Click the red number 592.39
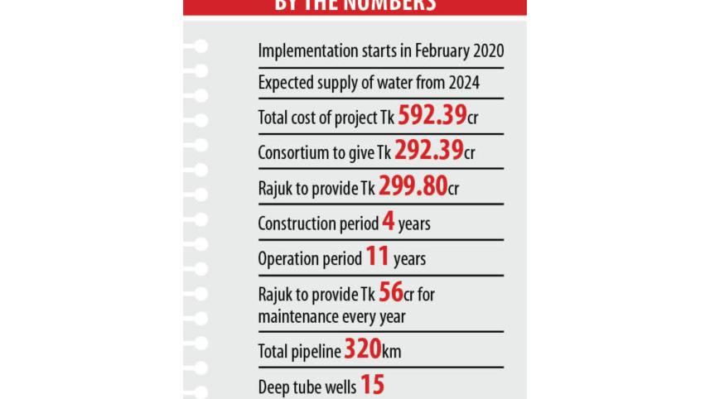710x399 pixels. click(432, 115)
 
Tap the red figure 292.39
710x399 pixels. click(428, 151)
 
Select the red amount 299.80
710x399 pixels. click(413, 186)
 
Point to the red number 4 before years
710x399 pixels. click(388, 222)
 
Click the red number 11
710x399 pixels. click(377, 257)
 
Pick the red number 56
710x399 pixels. click(390, 292)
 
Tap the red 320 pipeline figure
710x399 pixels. click(362, 349)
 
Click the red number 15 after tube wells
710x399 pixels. click(372, 385)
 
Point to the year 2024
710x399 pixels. click(463, 83)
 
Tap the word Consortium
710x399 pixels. click(293, 154)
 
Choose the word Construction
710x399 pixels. click(297, 224)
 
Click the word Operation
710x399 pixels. click(287, 259)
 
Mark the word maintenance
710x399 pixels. click(300, 316)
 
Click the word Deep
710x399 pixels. click(274, 387)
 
